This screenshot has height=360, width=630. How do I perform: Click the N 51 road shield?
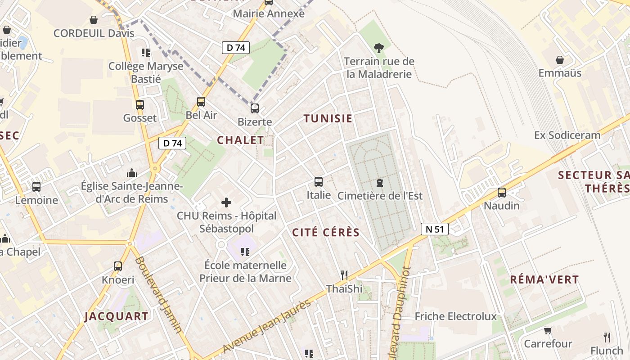pyautogui.click(x=435, y=229)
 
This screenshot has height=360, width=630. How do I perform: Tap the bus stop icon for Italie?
pyautogui.click(x=319, y=182)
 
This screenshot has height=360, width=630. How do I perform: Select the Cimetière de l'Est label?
pyautogui.click(x=380, y=196)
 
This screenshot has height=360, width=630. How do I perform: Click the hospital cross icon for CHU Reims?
pyautogui.click(x=226, y=202)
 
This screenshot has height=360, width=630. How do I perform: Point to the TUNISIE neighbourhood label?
pyautogui.click(x=328, y=119)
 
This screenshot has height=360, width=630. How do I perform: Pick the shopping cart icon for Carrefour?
pyautogui.click(x=548, y=331)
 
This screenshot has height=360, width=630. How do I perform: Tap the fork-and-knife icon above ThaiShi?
pyautogui.click(x=344, y=275)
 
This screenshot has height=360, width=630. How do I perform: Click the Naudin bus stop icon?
pyautogui.click(x=502, y=193)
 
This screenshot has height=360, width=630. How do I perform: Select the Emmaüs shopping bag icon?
pyautogui.click(x=560, y=60)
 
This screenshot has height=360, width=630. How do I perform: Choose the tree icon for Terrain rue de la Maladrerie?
pyautogui.click(x=379, y=47)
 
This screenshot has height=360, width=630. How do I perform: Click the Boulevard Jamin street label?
pyautogui.click(x=159, y=295)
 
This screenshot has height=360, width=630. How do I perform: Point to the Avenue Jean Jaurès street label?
pyautogui.click(x=267, y=326)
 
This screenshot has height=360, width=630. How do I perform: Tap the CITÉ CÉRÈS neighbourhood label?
pyautogui.click(x=326, y=233)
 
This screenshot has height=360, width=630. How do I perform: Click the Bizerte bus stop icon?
pyautogui.click(x=255, y=108)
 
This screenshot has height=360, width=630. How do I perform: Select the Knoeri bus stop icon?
pyautogui.click(x=118, y=266)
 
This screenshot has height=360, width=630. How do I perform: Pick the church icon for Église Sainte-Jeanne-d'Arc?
pyautogui.click(x=132, y=173)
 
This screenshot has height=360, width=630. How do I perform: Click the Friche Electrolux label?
pyautogui.click(x=455, y=316)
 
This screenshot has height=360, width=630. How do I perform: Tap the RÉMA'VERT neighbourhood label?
pyautogui.click(x=544, y=279)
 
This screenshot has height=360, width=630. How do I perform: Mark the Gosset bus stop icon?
pyautogui.click(x=140, y=105)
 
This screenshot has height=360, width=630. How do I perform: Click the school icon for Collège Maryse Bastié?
pyautogui.click(x=145, y=53)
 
